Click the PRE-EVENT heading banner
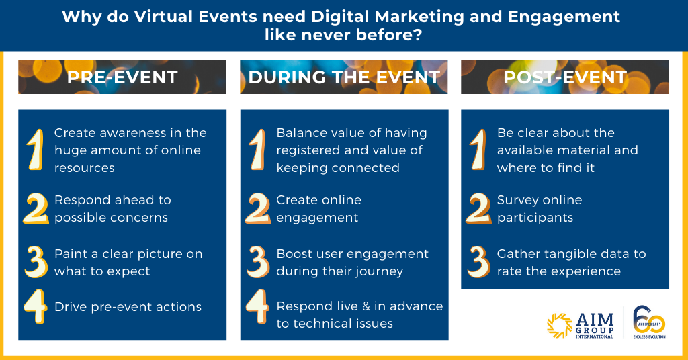122,77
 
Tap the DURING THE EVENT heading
344,77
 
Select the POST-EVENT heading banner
564,77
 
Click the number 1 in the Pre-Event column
36,150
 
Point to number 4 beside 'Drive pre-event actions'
36,306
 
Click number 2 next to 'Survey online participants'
478,208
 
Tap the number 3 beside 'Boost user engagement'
257,262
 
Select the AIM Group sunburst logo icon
560,326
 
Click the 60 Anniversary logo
650,322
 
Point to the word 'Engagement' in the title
564,17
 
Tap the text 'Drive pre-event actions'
128,306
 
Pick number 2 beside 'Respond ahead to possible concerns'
36,208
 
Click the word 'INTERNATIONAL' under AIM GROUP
595,336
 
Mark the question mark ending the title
417,35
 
